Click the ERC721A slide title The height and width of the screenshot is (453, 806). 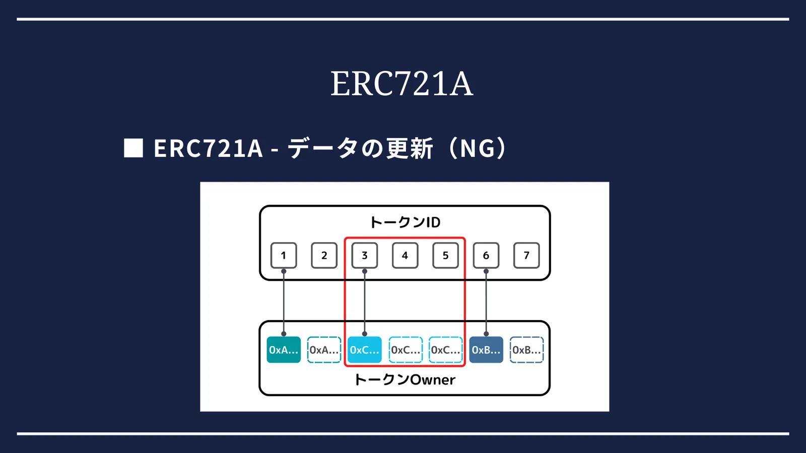click(401, 84)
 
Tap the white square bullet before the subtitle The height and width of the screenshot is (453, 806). click(133, 148)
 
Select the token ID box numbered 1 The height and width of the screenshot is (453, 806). click(284, 256)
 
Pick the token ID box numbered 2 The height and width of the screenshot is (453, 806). click(324, 256)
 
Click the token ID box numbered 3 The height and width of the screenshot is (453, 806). click(365, 256)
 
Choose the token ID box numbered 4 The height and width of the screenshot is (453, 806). click(405, 256)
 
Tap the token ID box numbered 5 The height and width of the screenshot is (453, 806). click(445, 256)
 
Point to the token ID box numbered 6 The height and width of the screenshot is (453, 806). click(486, 256)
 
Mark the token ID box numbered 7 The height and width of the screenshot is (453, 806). click(526, 256)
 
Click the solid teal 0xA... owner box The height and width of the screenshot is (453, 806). click(284, 350)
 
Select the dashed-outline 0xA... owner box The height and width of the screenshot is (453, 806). click(324, 350)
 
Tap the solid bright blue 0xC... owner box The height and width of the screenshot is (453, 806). click(365, 350)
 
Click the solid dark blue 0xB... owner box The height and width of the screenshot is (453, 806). click(486, 350)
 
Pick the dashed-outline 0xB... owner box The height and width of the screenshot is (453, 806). click(526, 350)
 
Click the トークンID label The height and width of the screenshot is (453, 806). click(405, 222)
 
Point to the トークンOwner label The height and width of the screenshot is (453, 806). click(405, 380)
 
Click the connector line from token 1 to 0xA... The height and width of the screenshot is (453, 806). click(284, 303)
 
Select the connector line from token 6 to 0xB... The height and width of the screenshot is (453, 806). click(486, 303)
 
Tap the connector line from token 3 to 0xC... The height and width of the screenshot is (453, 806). click(365, 303)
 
